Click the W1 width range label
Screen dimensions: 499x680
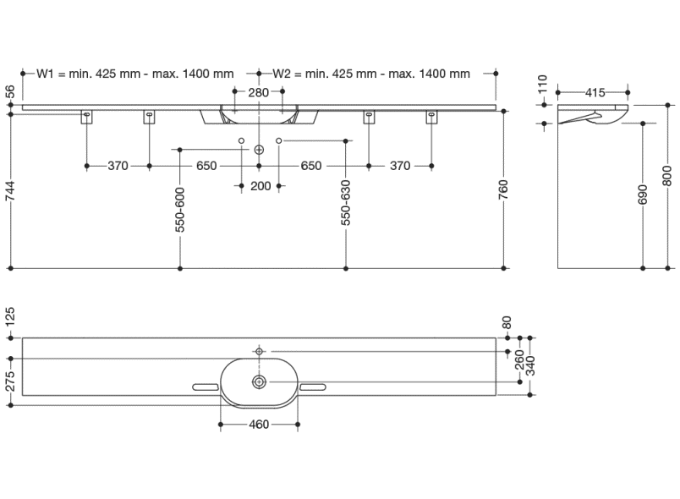tap(134, 74)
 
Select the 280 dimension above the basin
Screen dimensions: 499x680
tap(260, 91)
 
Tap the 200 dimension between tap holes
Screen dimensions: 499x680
tap(260, 186)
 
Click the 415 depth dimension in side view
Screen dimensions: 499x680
tap(594, 91)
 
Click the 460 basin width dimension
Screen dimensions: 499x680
tap(259, 425)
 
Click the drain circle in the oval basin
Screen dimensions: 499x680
tap(259, 382)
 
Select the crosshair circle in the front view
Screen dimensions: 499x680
tap(259, 150)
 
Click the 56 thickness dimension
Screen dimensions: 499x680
tap(10, 91)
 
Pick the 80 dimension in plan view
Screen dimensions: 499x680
tap(507, 322)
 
